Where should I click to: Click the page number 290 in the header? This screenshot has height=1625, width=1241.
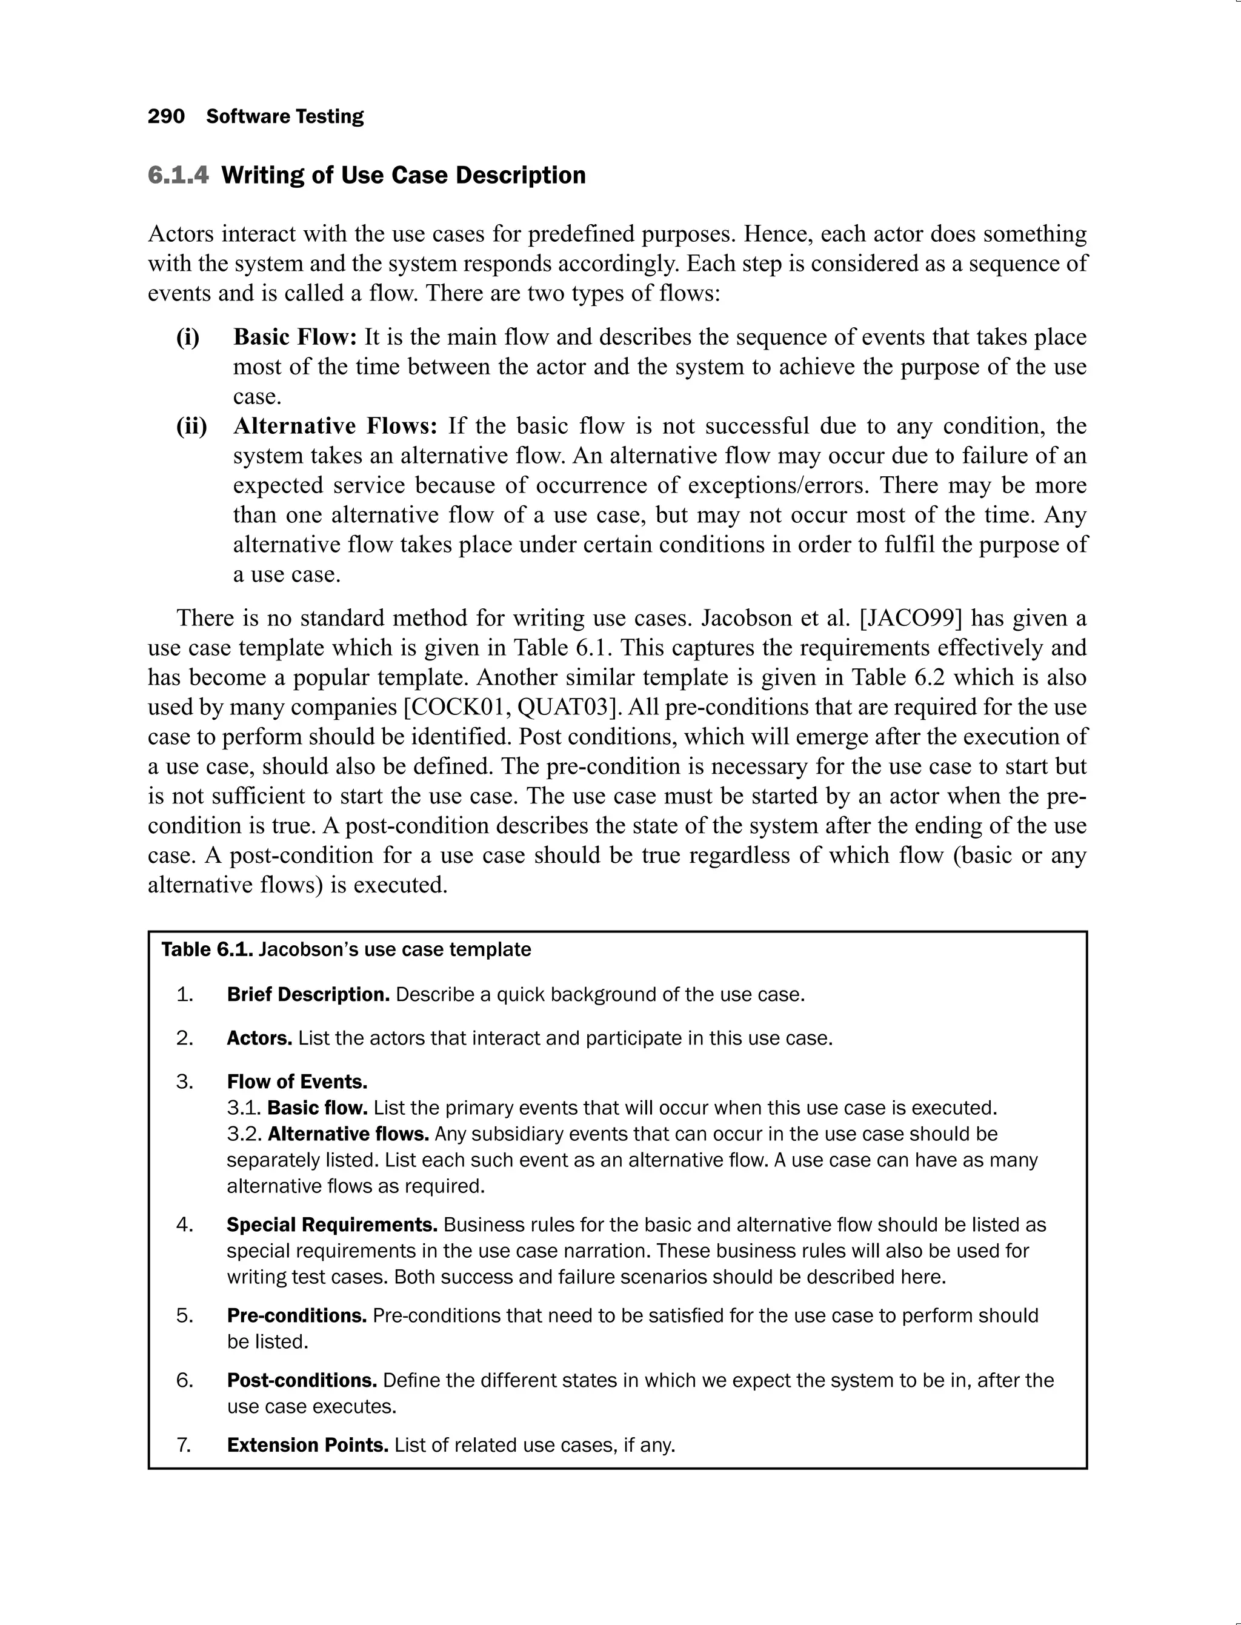(166, 117)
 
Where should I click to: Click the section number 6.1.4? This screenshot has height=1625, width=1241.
(178, 175)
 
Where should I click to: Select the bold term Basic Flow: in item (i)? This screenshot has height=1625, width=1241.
(294, 337)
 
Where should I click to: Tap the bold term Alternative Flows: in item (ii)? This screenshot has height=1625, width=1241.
(335, 426)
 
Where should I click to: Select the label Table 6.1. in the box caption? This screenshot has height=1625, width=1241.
(207, 949)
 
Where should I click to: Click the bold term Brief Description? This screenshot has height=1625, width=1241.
(308, 994)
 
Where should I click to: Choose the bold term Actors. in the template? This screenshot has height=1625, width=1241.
(259, 1038)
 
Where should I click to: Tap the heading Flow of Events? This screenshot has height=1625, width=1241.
(297, 1082)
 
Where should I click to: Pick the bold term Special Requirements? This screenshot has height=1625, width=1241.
(331, 1225)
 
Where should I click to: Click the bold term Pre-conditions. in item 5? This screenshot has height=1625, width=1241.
(296, 1315)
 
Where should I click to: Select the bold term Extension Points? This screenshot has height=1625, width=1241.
(307, 1445)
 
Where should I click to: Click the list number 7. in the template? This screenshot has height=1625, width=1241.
(185, 1445)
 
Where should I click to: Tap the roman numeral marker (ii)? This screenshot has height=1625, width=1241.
(191, 426)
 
